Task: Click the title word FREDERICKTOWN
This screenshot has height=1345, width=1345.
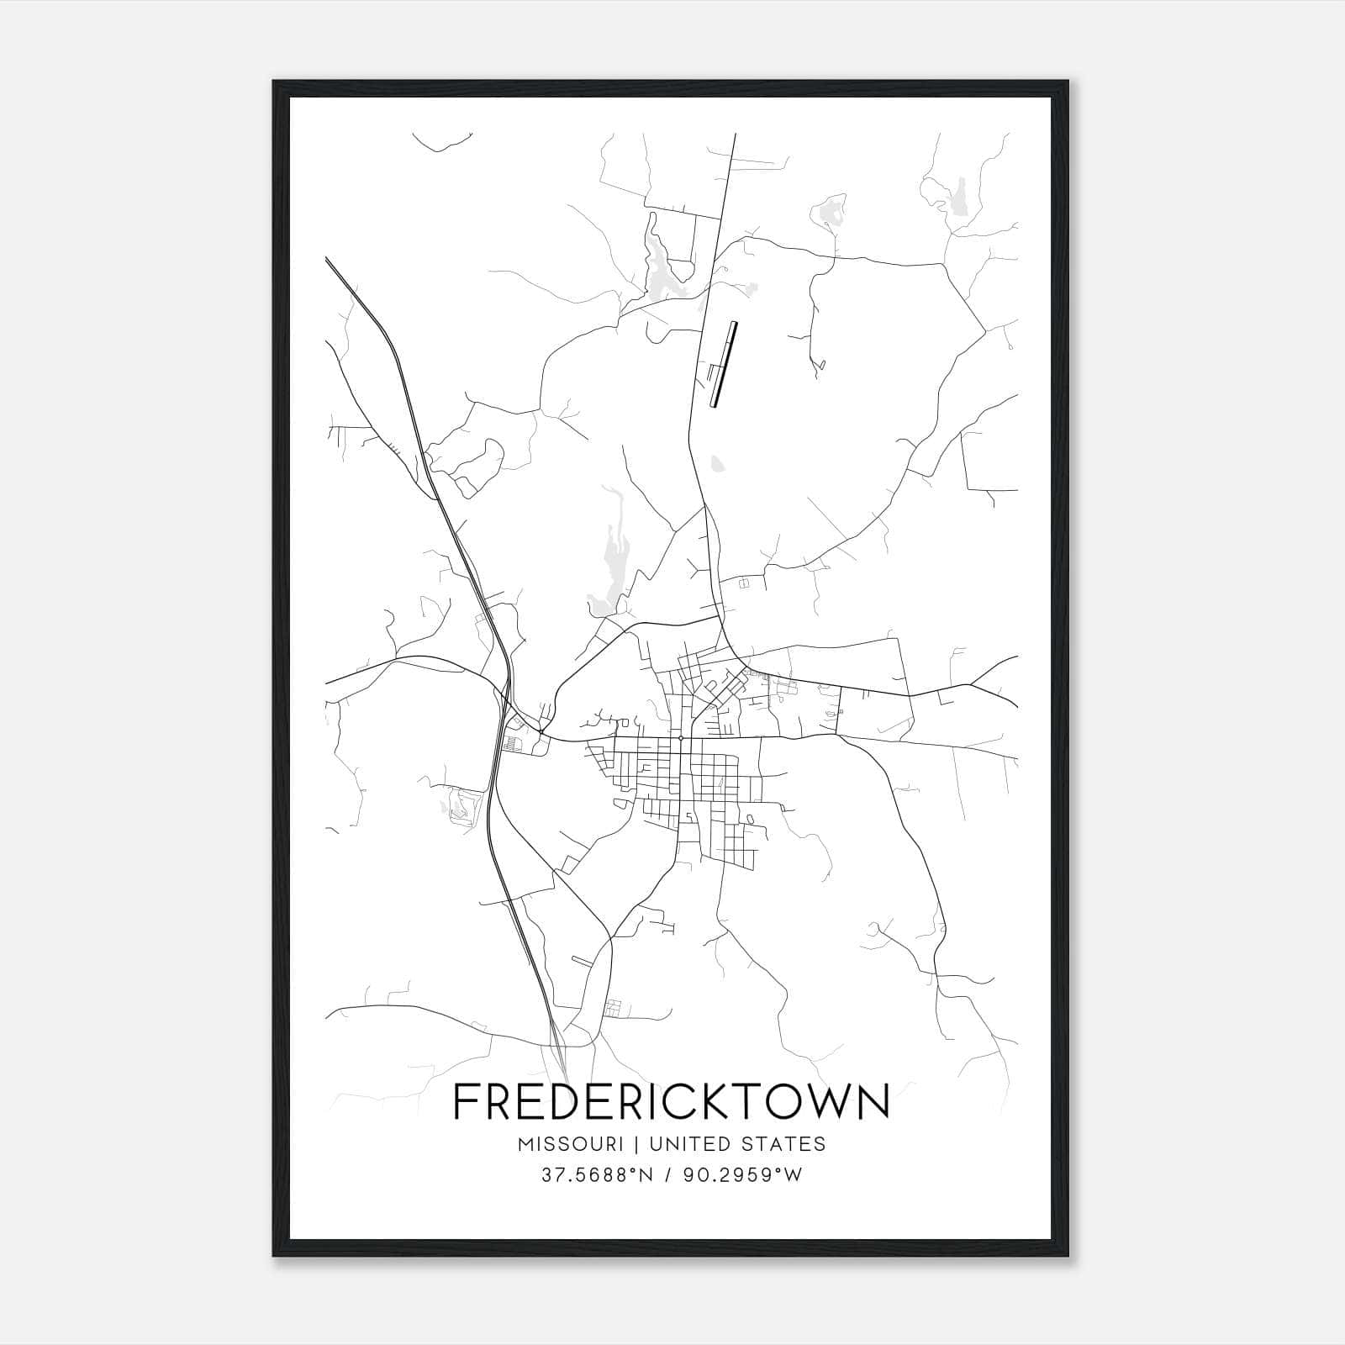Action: pyautogui.click(x=671, y=1102)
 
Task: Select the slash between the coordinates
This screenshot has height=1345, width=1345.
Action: pyautogui.click(x=667, y=1175)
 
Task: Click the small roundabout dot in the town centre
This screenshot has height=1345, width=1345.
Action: pyautogui.click(x=680, y=737)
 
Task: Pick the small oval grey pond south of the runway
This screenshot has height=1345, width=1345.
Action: pyautogui.click(x=716, y=463)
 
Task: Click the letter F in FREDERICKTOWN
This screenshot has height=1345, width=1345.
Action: pyautogui.click(x=465, y=1102)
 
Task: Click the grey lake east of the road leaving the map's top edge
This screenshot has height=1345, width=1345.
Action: pyautogui.click(x=832, y=210)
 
